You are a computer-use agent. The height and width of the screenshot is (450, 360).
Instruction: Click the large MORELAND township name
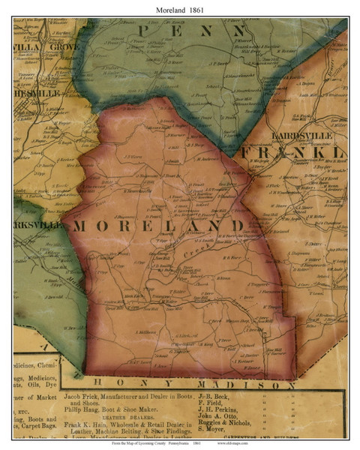(157, 226)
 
